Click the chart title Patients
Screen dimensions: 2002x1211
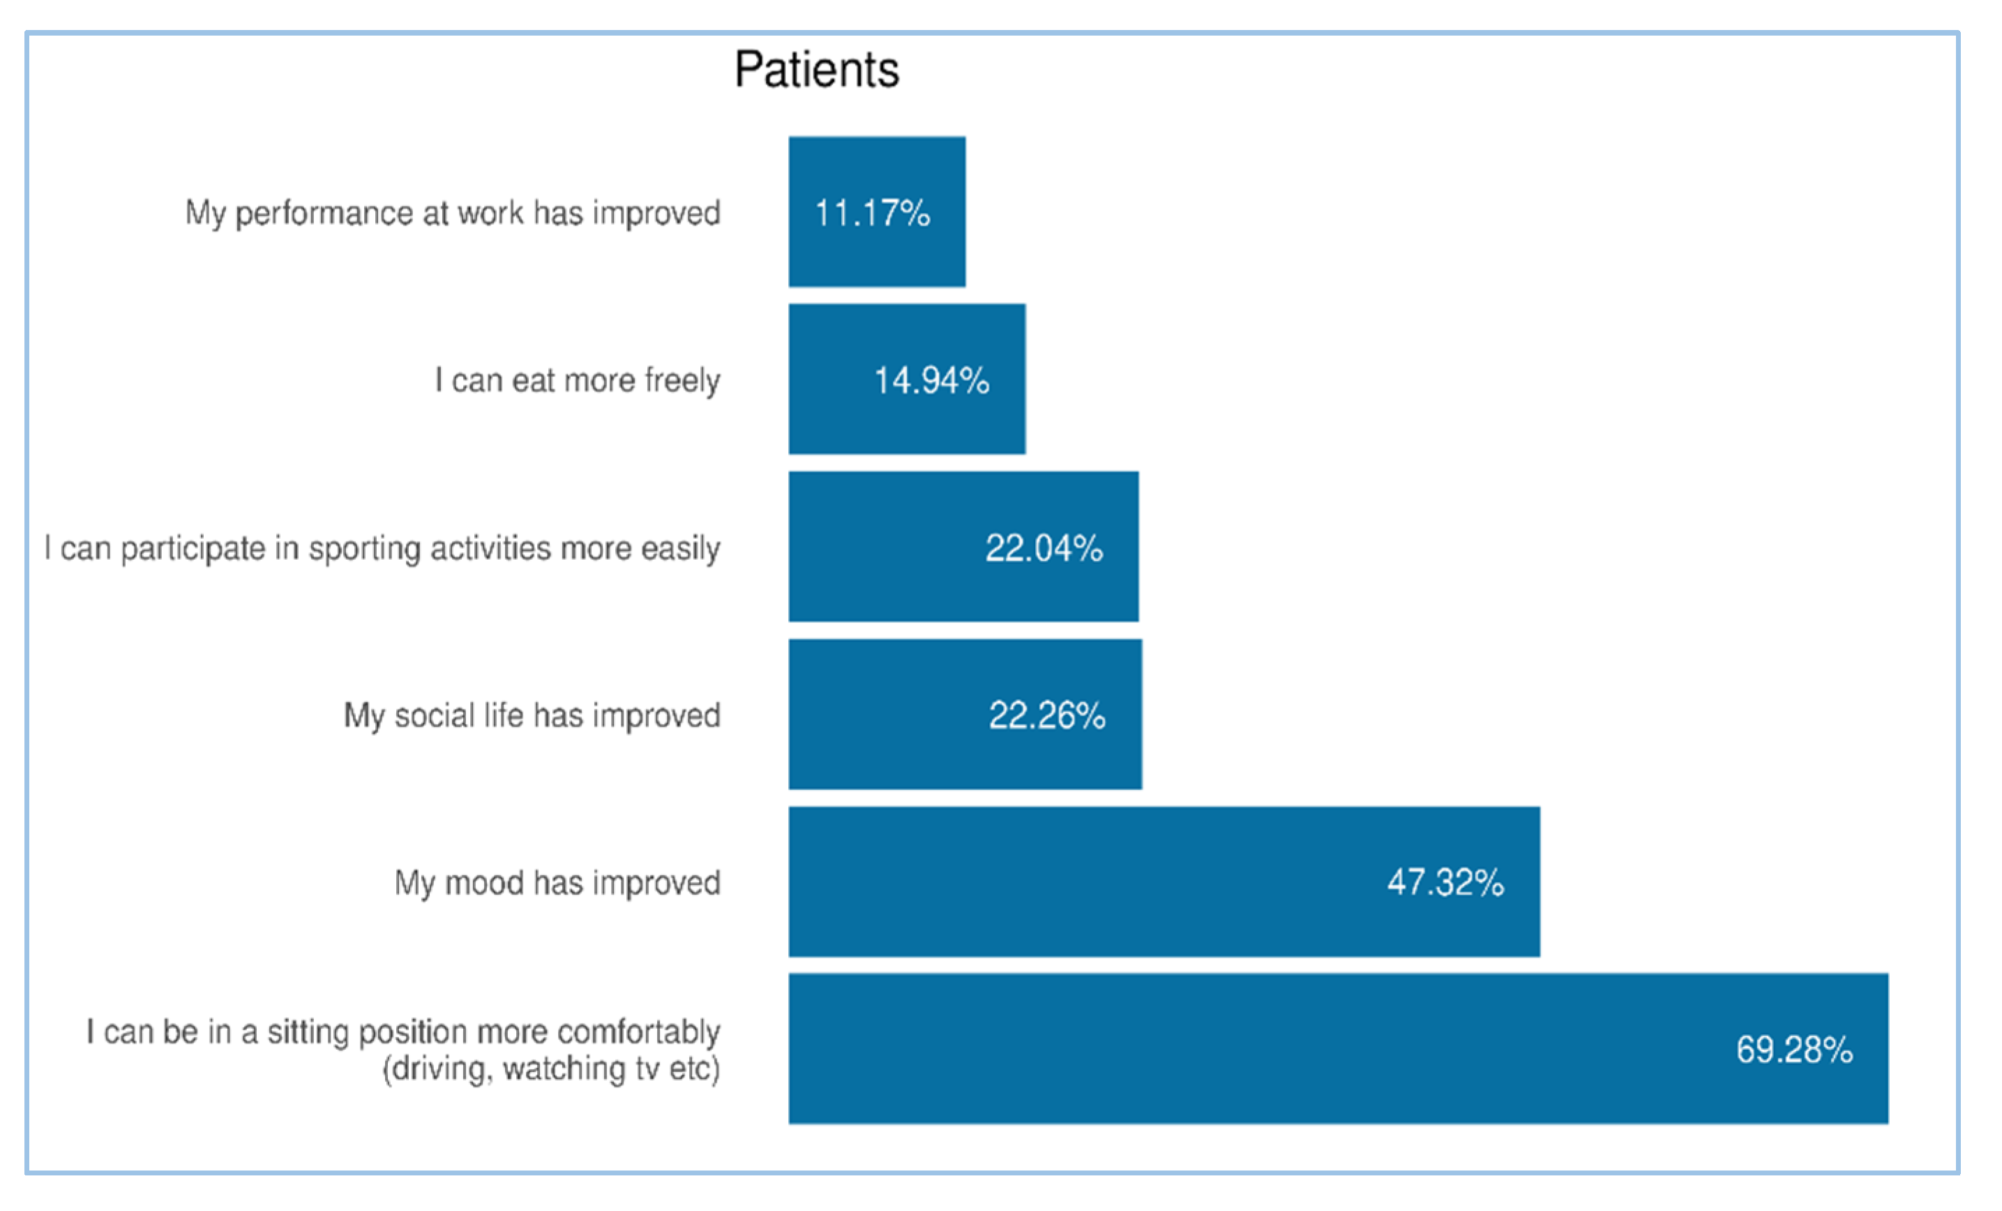[x=817, y=69]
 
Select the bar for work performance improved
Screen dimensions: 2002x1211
[x=877, y=211]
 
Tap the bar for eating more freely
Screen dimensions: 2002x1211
[x=907, y=379]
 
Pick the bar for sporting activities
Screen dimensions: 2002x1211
[x=963, y=546]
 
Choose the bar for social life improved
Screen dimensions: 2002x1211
[x=965, y=713]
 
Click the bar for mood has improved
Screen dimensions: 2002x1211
[x=1164, y=881]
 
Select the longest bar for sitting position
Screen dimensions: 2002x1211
[x=1338, y=1048]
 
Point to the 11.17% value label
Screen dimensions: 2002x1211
[x=873, y=213]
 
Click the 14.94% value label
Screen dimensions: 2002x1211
[x=932, y=380]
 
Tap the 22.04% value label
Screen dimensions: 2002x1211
[x=1044, y=548]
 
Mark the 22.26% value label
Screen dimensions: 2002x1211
[x=1047, y=715]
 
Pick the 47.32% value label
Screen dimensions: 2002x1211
[x=1446, y=883]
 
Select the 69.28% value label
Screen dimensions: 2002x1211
[x=1795, y=1050]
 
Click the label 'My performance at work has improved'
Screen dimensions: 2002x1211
[x=453, y=214]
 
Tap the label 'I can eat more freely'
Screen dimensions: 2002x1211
[x=578, y=381]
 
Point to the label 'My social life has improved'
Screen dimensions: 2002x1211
[x=532, y=716]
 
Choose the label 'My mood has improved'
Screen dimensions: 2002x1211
[x=557, y=884]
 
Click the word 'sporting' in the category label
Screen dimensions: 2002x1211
[x=365, y=549]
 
